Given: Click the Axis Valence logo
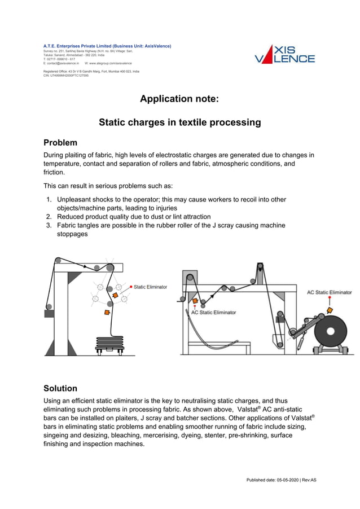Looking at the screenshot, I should [284, 54].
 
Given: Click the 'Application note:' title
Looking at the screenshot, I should [179, 99].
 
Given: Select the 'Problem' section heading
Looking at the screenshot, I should [60, 142].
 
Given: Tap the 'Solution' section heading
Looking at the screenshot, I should [60, 388].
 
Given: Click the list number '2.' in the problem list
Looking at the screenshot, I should [50, 217].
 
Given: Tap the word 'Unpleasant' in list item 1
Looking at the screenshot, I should [76, 200].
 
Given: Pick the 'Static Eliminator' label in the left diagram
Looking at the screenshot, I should [150, 287].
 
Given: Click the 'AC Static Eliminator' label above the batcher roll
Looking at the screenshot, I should [329, 292].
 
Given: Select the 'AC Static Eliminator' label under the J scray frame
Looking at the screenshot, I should [213, 312].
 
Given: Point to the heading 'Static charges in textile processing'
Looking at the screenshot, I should [179, 122].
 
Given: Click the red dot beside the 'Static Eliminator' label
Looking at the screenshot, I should [131, 287].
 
